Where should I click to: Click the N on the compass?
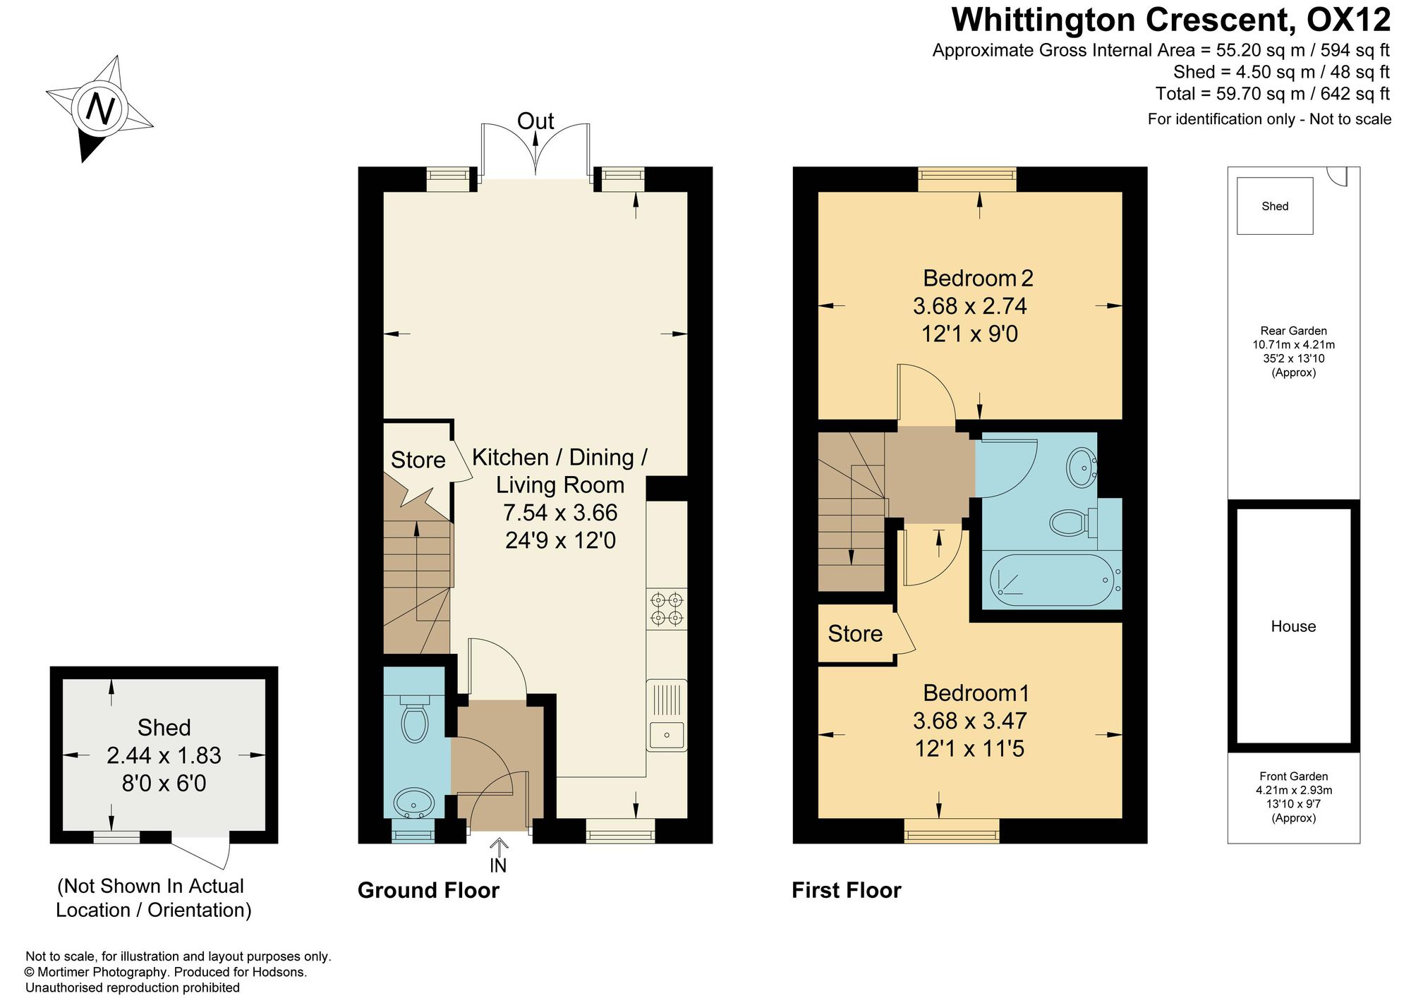coord(100,109)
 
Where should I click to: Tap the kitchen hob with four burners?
coord(667,609)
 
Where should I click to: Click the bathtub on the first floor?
coord(1055,580)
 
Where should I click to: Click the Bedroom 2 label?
coord(978,278)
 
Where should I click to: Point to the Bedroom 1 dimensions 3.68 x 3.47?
coord(970,721)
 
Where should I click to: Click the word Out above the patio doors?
coord(535,121)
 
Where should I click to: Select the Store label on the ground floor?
coord(418,460)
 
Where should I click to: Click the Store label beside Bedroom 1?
coord(855,633)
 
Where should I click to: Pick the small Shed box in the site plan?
coord(1275,206)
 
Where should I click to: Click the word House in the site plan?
coord(1293,626)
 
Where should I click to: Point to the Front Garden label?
coord(1294,777)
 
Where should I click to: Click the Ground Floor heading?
coord(428,890)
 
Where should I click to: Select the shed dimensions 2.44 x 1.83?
coord(164,755)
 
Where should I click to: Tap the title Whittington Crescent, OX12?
coord(1171,20)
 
